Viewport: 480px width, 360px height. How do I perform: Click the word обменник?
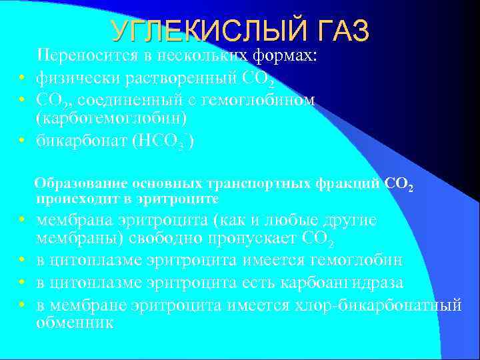coord(75,322)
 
